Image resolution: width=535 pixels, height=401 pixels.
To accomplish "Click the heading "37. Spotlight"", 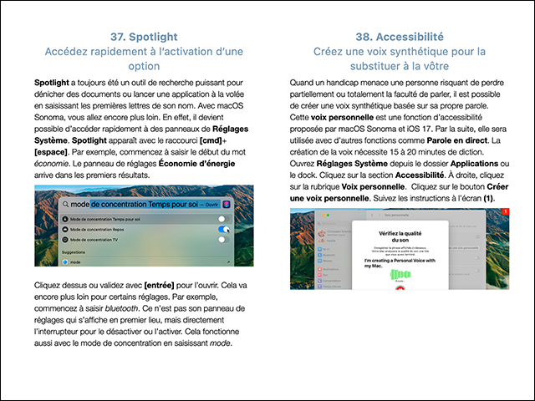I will point(145,37).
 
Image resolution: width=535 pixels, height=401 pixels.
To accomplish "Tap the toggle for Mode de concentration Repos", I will point(222,228).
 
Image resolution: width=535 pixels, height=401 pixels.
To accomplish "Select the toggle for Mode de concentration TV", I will point(222,240).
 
